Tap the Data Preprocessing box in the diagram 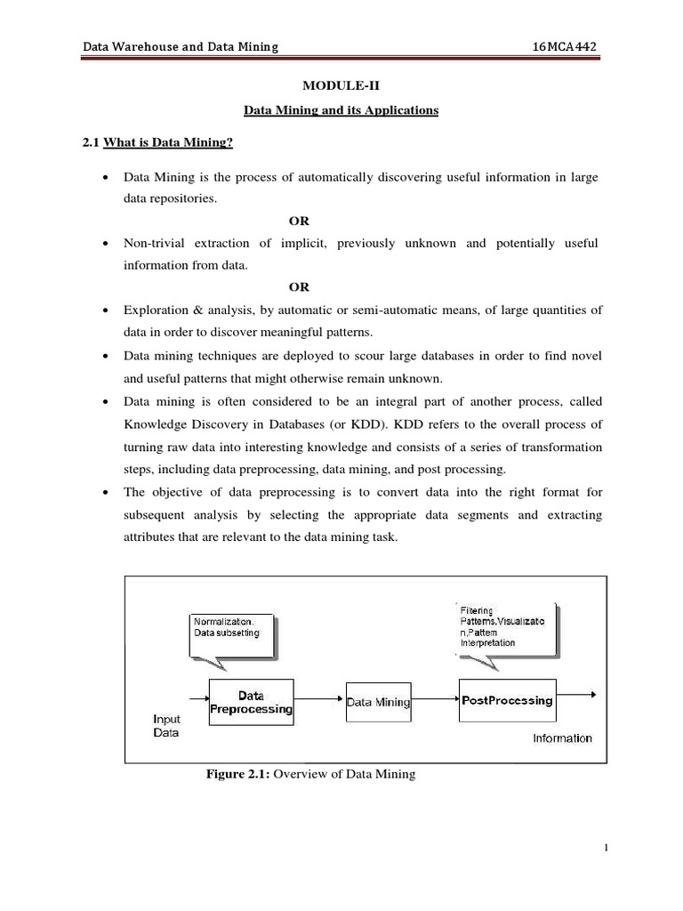coord(251,701)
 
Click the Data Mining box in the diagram coord(378,702)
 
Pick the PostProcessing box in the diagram coord(507,700)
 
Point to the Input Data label coord(166,725)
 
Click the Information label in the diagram coord(561,738)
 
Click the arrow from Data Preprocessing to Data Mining coord(318,701)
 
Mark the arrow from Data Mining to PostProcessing coord(435,701)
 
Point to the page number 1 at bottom coord(605,873)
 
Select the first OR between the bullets coord(300,220)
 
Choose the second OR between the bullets coord(300,286)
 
